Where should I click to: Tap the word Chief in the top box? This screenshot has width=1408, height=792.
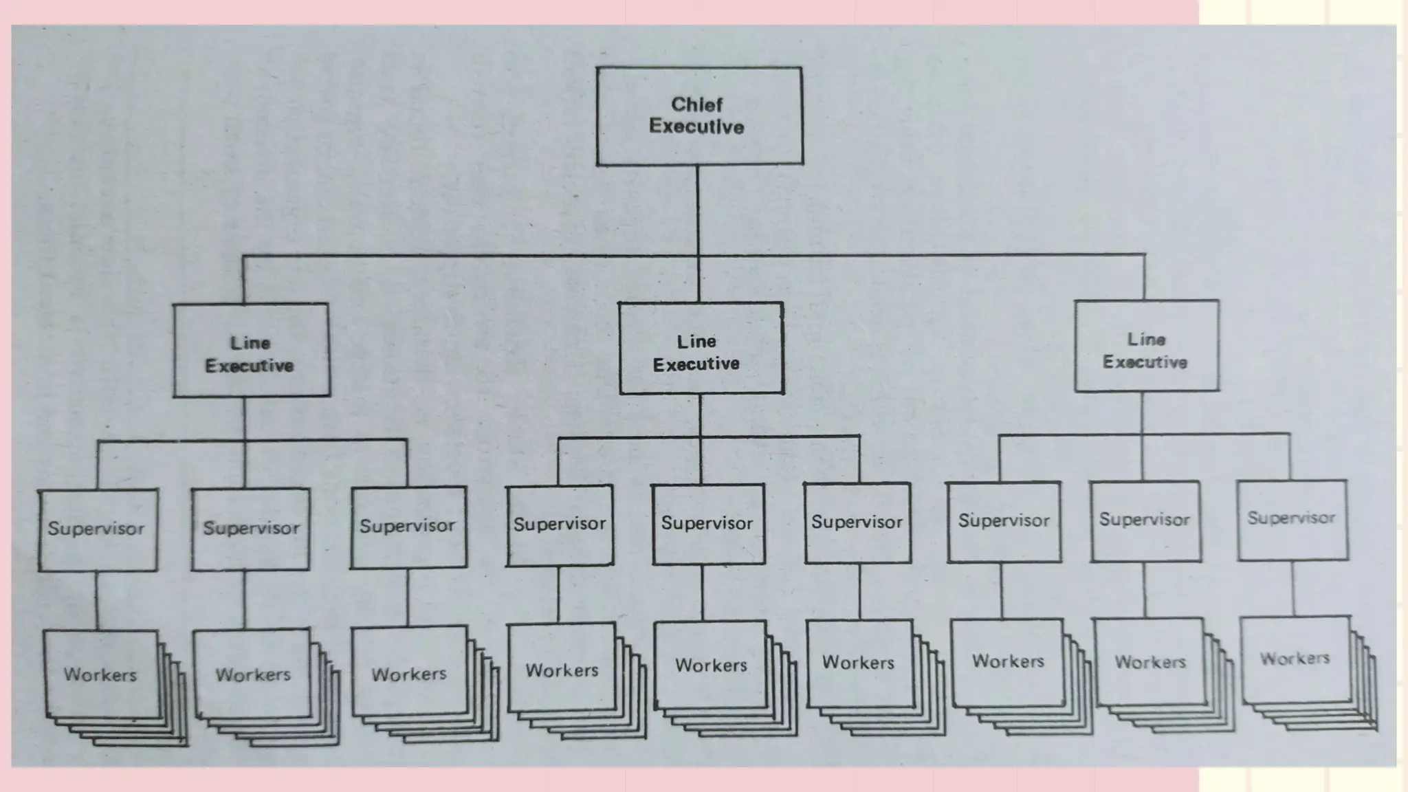click(x=696, y=104)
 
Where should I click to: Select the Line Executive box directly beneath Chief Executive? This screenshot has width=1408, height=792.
click(x=701, y=349)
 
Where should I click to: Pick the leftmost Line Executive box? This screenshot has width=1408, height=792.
click(x=251, y=351)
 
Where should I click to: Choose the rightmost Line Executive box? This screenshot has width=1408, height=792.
click(x=1146, y=346)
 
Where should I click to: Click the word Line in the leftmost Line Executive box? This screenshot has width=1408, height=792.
click(x=250, y=342)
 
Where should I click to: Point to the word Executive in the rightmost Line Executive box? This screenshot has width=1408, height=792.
click(x=1145, y=362)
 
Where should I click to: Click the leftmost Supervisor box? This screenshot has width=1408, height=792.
click(x=98, y=530)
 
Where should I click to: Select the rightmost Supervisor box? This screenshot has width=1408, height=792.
click(x=1292, y=520)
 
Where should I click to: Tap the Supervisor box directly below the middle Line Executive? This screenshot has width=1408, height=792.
click(x=707, y=524)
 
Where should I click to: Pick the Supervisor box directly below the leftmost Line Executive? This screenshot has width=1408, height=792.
click(x=251, y=529)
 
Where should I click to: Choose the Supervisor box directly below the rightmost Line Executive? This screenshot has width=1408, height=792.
click(x=1145, y=521)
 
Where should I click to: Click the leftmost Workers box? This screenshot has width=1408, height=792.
click(x=101, y=674)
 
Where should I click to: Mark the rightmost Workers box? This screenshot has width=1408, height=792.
click(x=1295, y=659)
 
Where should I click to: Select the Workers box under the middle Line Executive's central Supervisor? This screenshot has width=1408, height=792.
click(x=711, y=665)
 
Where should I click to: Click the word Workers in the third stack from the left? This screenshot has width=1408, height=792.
click(x=409, y=674)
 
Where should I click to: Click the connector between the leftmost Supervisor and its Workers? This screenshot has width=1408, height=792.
click(x=96, y=600)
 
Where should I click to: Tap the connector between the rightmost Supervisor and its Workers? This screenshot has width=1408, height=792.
click(x=1292, y=588)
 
